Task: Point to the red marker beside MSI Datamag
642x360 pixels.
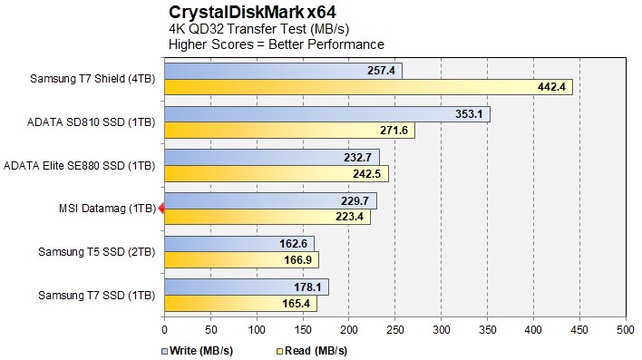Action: point(161,209)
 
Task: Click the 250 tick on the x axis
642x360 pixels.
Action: point(394,329)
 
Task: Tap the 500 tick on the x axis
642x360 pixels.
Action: point(625,329)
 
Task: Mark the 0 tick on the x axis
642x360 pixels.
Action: point(164,329)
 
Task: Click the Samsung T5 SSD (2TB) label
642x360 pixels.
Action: point(97,251)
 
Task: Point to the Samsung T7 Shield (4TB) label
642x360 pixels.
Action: point(93,79)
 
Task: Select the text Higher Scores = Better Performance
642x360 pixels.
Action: point(277,44)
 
